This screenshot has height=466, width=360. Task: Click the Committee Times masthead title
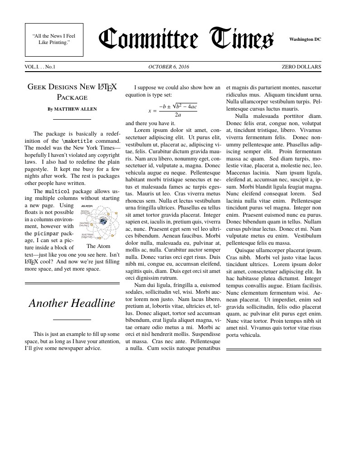click(186, 39)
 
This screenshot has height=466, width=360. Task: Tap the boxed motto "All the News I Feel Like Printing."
click(54, 39)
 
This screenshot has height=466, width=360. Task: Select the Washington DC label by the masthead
click(305, 39)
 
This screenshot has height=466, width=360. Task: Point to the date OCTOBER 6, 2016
click(169, 67)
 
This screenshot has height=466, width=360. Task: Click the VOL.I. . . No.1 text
click(40, 67)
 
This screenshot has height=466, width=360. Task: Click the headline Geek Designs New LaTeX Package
click(72, 91)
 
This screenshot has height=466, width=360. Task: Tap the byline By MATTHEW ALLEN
click(72, 109)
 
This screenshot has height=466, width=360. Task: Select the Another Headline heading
click(72, 303)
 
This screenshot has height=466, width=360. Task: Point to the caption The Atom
click(98, 246)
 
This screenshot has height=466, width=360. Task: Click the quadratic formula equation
click(172, 110)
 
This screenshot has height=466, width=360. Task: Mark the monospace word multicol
click(57, 191)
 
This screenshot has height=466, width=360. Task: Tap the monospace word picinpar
click(47, 233)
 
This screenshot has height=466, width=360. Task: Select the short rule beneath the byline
click(72, 119)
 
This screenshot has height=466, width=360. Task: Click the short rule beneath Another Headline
click(72, 320)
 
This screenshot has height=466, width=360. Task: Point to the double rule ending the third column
click(273, 349)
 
